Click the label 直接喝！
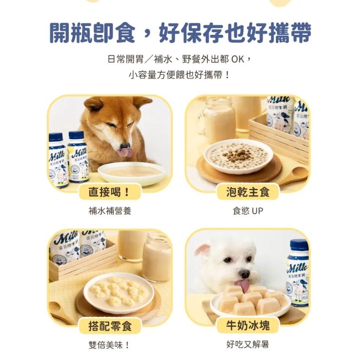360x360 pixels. pyautogui.click(x=110, y=192)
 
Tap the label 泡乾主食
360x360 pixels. pyautogui.click(x=248, y=192)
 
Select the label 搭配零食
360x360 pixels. pyautogui.click(x=110, y=326)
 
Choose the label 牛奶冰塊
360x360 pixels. pyautogui.click(x=248, y=325)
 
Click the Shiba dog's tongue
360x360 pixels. pyautogui.click(x=125, y=153)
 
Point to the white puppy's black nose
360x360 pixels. pyautogui.click(x=244, y=274)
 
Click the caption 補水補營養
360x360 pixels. pyautogui.click(x=110, y=211)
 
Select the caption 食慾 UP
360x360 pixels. pyautogui.click(x=248, y=211)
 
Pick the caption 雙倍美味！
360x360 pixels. pyautogui.click(x=109, y=345)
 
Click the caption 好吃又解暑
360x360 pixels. pyautogui.click(x=248, y=344)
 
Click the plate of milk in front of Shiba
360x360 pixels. pyautogui.click(x=131, y=173)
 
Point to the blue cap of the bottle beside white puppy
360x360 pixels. pyautogui.click(x=299, y=245)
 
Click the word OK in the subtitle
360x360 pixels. pyautogui.click(x=238, y=60)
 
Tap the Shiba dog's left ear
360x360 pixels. pyautogui.click(x=93, y=104)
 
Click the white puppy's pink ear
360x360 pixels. pyautogui.click(x=202, y=250)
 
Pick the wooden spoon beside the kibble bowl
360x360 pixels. pyautogui.click(x=293, y=175)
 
